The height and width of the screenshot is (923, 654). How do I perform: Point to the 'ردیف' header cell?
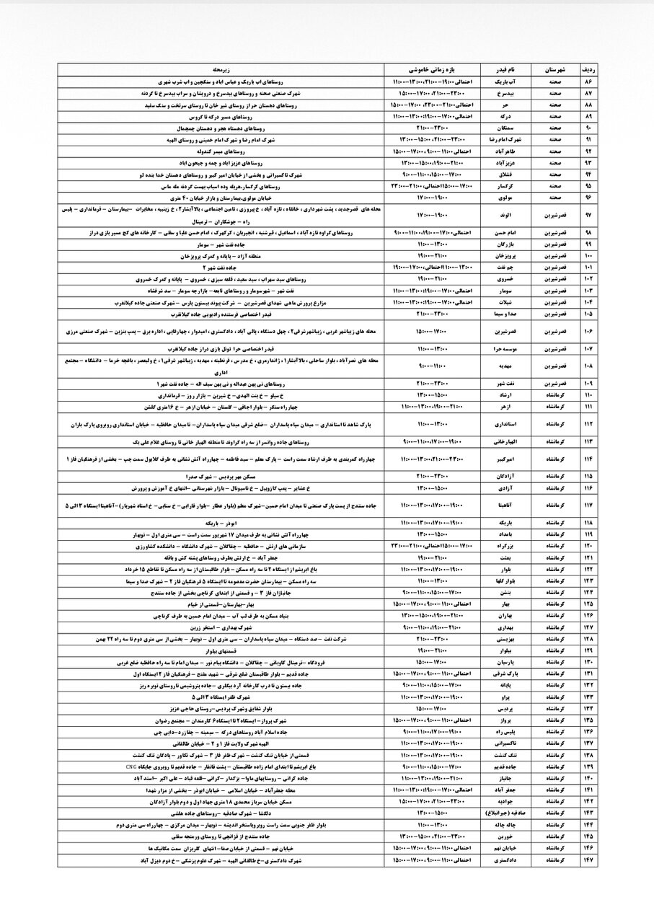point(588,70)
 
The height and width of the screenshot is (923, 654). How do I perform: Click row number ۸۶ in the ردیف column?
point(588,82)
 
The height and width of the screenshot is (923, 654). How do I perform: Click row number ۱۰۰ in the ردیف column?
point(588,256)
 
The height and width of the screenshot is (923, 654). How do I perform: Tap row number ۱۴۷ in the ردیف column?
point(588,860)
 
